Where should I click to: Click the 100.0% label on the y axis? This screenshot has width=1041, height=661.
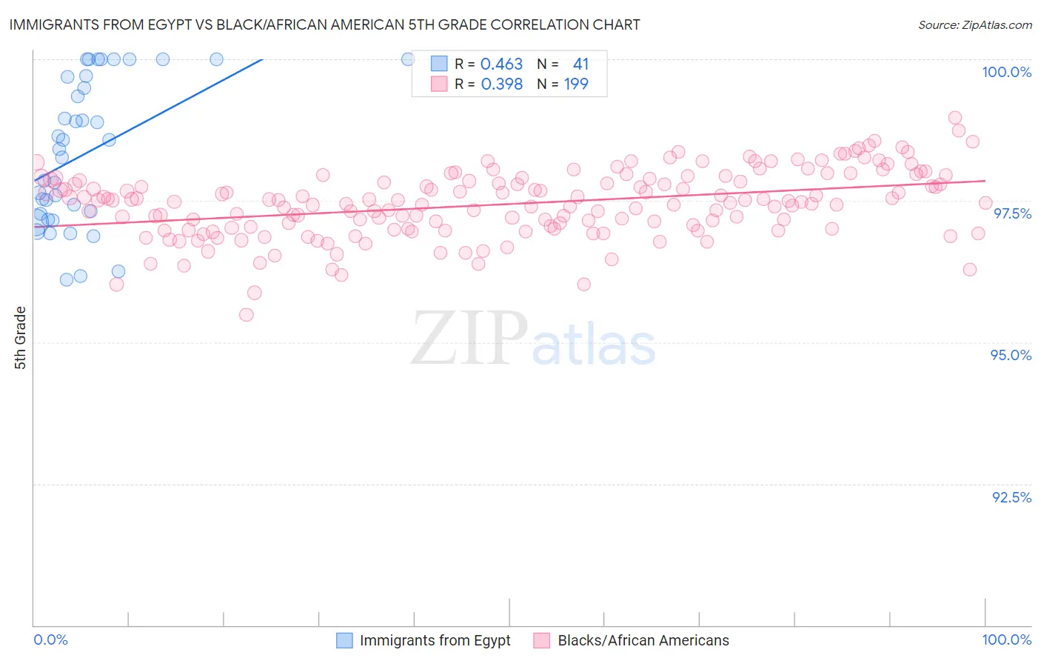click(x=1006, y=72)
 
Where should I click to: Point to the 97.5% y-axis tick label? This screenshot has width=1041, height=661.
click(x=1011, y=213)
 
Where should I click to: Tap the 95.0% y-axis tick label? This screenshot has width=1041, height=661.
click(x=1011, y=355)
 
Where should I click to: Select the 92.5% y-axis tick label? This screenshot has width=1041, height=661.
click(x=1011, y=497)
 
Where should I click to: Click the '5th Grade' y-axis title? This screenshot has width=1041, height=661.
click(x=21, y=338)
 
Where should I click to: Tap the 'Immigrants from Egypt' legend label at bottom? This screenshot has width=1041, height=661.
click(x=435, y=641)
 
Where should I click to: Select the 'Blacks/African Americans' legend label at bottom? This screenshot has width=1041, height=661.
click(x=643, y=641)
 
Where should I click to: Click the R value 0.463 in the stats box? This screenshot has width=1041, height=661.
click(x=501, y=64)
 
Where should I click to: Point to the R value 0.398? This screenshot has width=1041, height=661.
click(x=501, y=84)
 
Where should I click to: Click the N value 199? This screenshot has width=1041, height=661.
click(x=576, y=84)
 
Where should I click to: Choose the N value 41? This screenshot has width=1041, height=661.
click(x=580, y=64)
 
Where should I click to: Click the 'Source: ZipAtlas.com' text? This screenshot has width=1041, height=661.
click(x=974, y=25)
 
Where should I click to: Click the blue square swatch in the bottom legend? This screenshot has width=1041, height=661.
click(x=344, y=641)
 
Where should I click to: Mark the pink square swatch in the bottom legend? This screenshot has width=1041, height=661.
click(x=542, y=641)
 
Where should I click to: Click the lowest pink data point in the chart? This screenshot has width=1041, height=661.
click(x=247, y=315)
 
